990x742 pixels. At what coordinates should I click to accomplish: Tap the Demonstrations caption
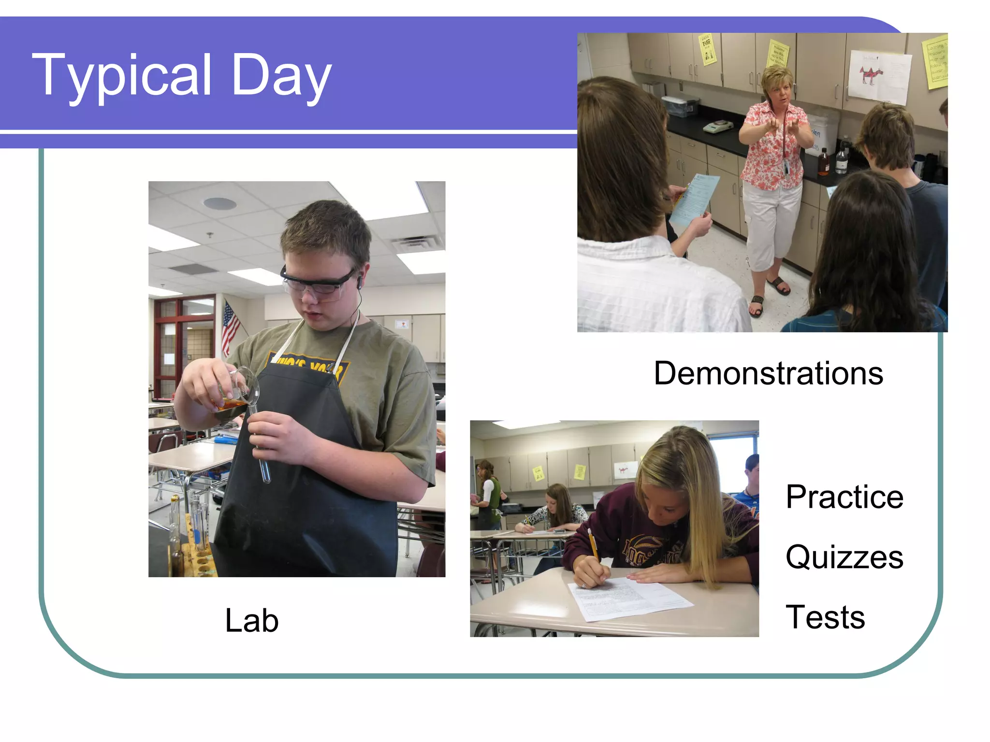(x=768, y=373)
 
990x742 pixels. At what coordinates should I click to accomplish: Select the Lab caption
(x=252, y=620)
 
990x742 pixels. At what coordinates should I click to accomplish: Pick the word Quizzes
(x=844, y=557)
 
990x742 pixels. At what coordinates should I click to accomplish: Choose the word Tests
(x=825, y=617)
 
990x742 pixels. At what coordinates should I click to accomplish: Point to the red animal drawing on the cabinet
(x=870, y=75)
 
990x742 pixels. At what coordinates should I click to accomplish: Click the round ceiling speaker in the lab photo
(x=220, y=203)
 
